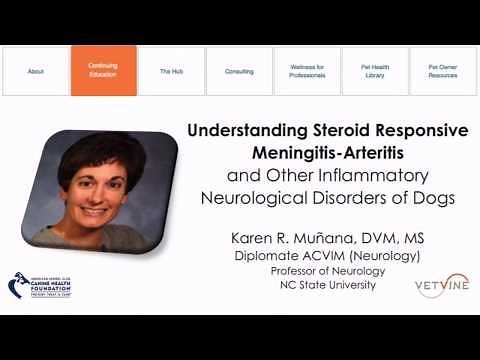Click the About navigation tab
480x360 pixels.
(x=36, y=71)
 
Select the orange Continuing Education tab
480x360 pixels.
(x=103, y=71)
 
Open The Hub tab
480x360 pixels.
(x=171, y=71)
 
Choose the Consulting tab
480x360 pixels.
(x=239, y=71)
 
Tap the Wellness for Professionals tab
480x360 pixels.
(x=307, y=71)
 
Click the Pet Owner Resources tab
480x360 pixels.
(x=443, y=71)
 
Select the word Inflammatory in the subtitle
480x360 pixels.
(x=395, y=175)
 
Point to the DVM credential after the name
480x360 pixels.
(x=374, y=239)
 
